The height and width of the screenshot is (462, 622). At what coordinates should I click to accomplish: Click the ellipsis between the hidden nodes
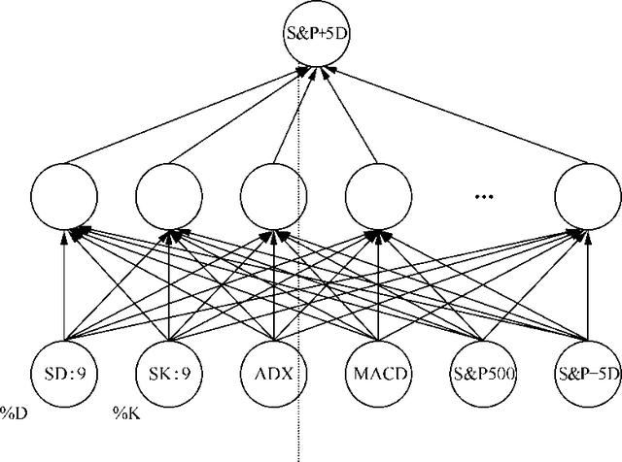pyautogui.click(x=483, y=197)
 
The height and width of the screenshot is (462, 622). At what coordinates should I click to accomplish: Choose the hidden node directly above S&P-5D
pyautogui.click(x=586, y=194)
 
